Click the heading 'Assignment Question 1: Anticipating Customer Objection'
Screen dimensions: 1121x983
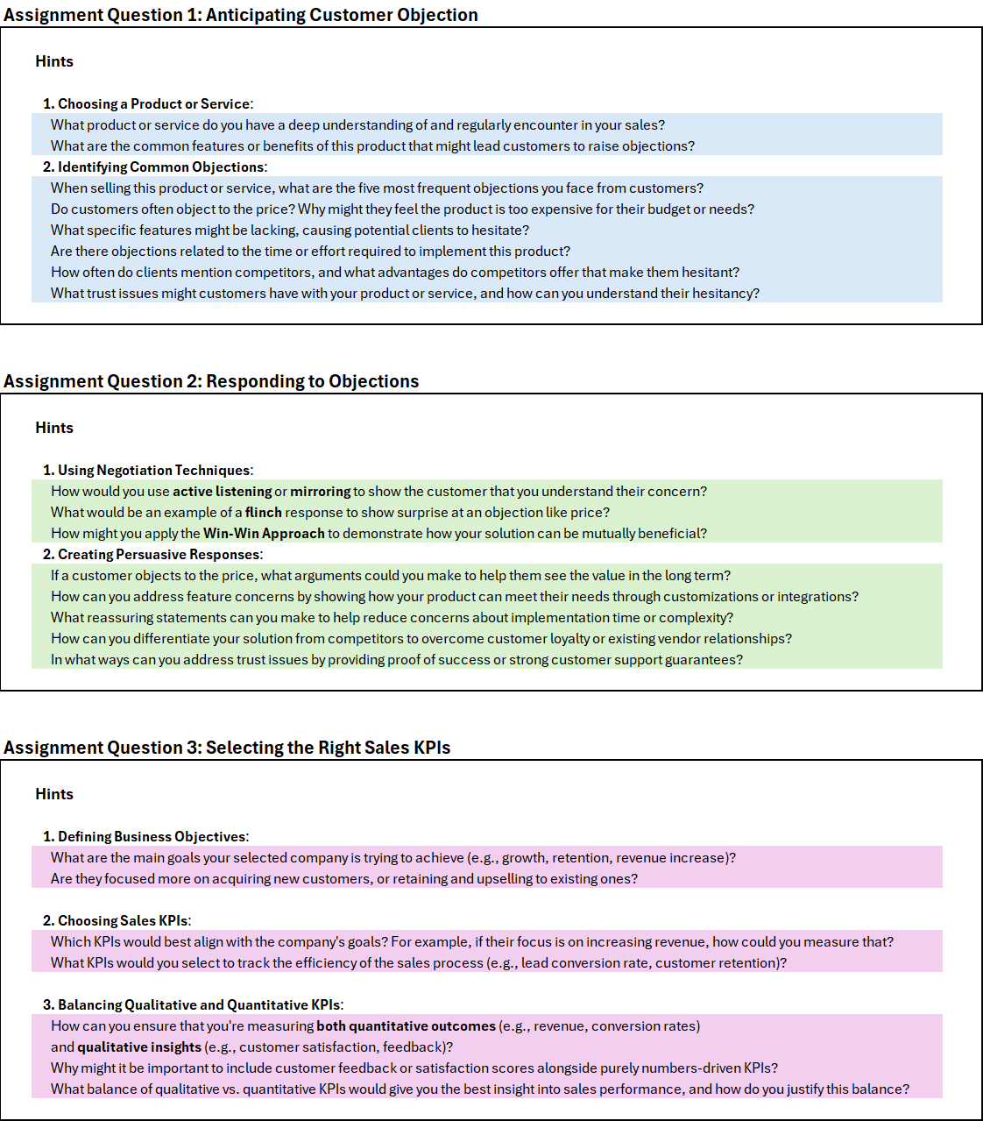(x=241, y=15)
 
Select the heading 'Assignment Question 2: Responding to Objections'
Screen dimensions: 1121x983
(x=211, y=381)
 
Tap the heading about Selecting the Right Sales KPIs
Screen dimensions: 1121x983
(x=227, y=748)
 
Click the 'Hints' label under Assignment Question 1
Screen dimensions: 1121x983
(x=54, y=61)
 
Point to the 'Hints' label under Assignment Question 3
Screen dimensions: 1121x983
(x=54, y=794)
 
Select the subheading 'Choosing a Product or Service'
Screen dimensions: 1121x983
(x=154, y=103)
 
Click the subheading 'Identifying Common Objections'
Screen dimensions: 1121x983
(x=161, y=167)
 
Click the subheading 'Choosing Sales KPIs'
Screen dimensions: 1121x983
(x=123, y=920)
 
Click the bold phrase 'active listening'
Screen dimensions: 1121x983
(x=222, y=491)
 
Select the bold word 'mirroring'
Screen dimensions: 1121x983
(x=321, y=491)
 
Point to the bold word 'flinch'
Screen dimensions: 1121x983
(x=264, y=512)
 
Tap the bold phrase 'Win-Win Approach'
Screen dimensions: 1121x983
(x=264, y=533)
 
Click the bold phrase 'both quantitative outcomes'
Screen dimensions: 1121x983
(x=406, y=1025)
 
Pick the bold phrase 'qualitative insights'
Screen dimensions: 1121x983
(x=139, y=1047)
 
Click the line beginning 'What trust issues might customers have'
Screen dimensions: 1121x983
(x=405, y=293)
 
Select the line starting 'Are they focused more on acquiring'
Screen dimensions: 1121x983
(x=344, y=878)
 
